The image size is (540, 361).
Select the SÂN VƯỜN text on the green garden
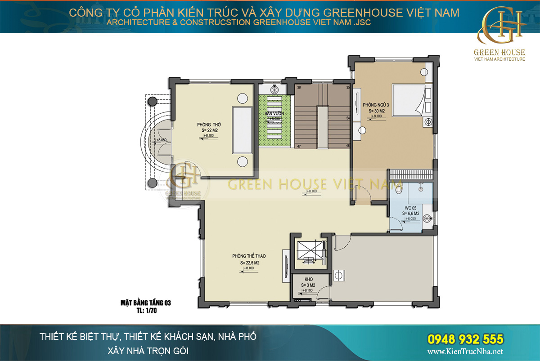(x=274, y=114)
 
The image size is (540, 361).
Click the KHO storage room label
(x=308, y=279)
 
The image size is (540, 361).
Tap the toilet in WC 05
(x=398, y=190)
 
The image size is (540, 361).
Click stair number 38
(x=299, y=87)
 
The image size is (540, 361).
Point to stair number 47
(x=298, y=146)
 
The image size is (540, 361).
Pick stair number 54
(x=348, y=118)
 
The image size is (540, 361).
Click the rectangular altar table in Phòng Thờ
(x=242, y=130)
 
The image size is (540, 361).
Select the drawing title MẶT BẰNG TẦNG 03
(x=145, y=303)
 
